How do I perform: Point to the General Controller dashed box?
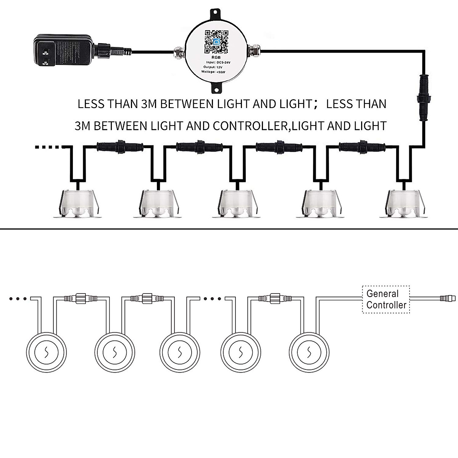[385, 300]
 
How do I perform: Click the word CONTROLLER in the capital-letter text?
[250, 126]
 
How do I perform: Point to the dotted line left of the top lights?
[47, 147]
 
